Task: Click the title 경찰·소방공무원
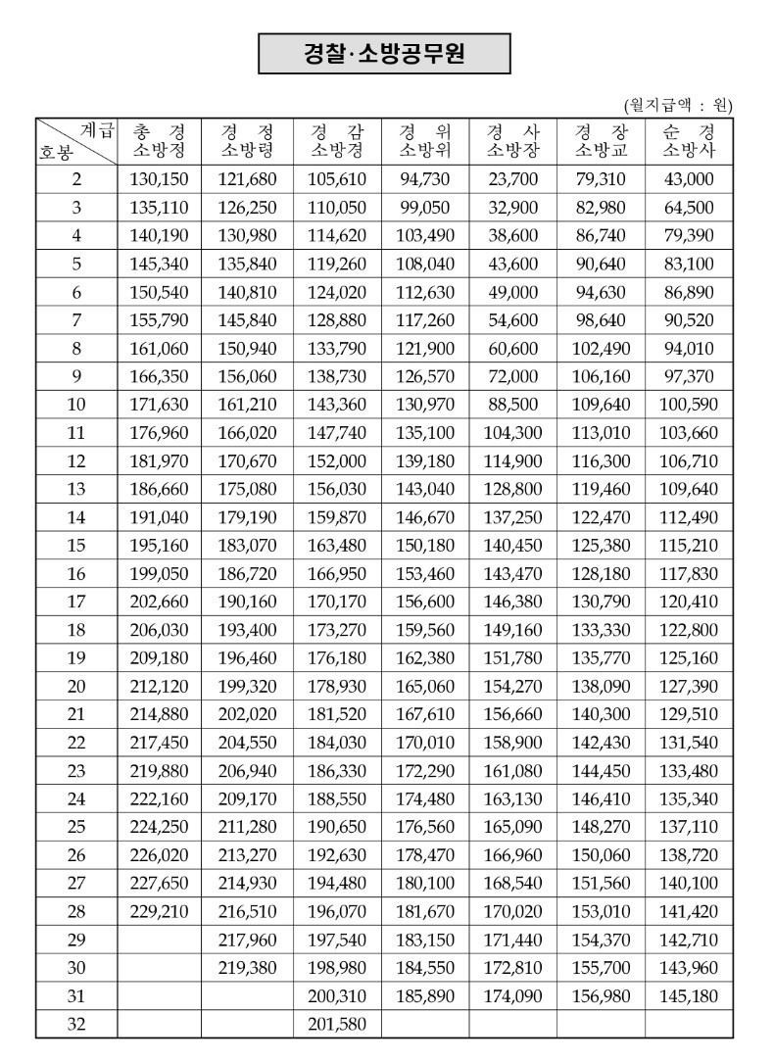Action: (384, 54)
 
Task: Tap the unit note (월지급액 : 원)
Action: (678, 105)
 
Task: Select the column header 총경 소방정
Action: (159, 140)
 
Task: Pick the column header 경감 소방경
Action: (337, 140)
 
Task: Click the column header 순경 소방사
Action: (689, 140)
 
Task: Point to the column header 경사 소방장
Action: (512, 140)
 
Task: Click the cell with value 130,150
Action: (159, 178)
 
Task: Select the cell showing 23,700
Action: (512, 178)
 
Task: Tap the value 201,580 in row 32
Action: (337, 1025)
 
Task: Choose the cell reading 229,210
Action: (159, 912)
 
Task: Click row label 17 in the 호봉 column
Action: (76, 602)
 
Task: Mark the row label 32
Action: (76, 1025)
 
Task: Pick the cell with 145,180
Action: (689, 996)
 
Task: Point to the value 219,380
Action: (249, 968)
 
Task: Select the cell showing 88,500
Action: (512, 404)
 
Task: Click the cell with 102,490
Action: (601, 348)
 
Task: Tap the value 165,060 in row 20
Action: (424, 686)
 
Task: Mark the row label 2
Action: (76, 178)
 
